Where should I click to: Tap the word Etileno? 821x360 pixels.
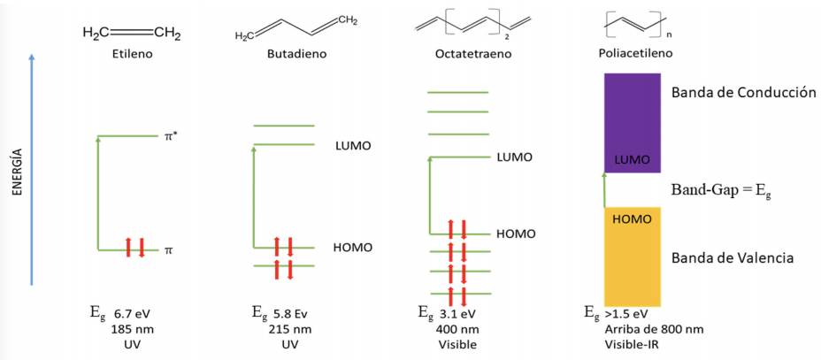coord(133,54)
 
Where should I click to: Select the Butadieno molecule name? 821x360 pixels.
coord(297,54)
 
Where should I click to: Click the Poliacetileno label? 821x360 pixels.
coord(635,54)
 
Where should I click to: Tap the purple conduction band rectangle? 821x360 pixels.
coord(632,121)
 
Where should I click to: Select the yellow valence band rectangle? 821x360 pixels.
coord(632,257)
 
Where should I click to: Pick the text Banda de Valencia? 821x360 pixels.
coord(732,258)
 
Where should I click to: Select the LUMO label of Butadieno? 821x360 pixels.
coord(354,145)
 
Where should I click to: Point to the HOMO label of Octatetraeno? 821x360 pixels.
coord(516,234)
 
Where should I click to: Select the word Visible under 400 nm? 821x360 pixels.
coord(457,344)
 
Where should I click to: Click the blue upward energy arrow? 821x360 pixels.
coord(32,168)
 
